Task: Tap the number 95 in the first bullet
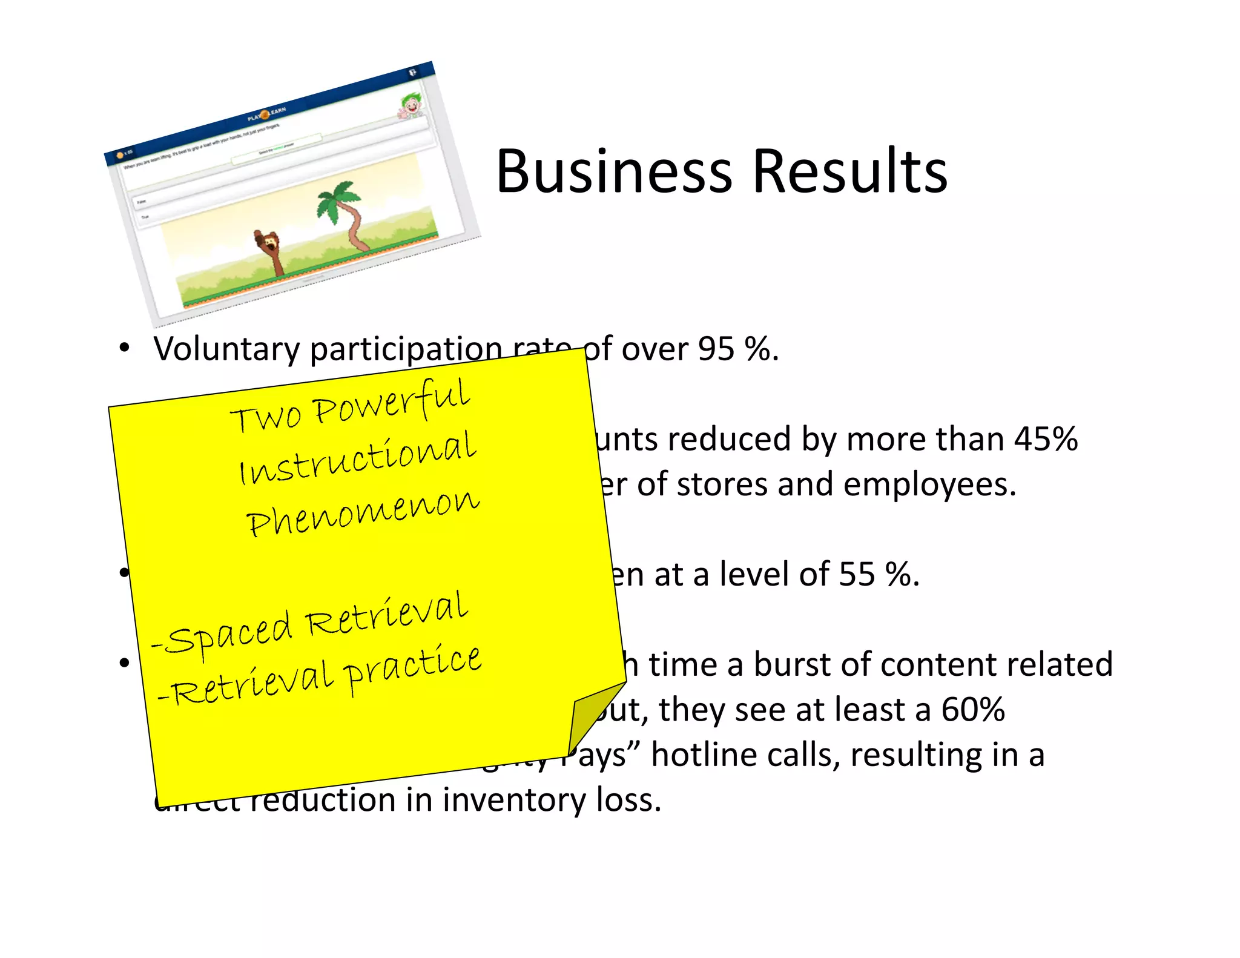point(716,349)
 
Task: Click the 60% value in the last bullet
point(972,710)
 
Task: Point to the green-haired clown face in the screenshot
point(412,106)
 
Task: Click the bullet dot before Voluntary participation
point(125,349)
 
